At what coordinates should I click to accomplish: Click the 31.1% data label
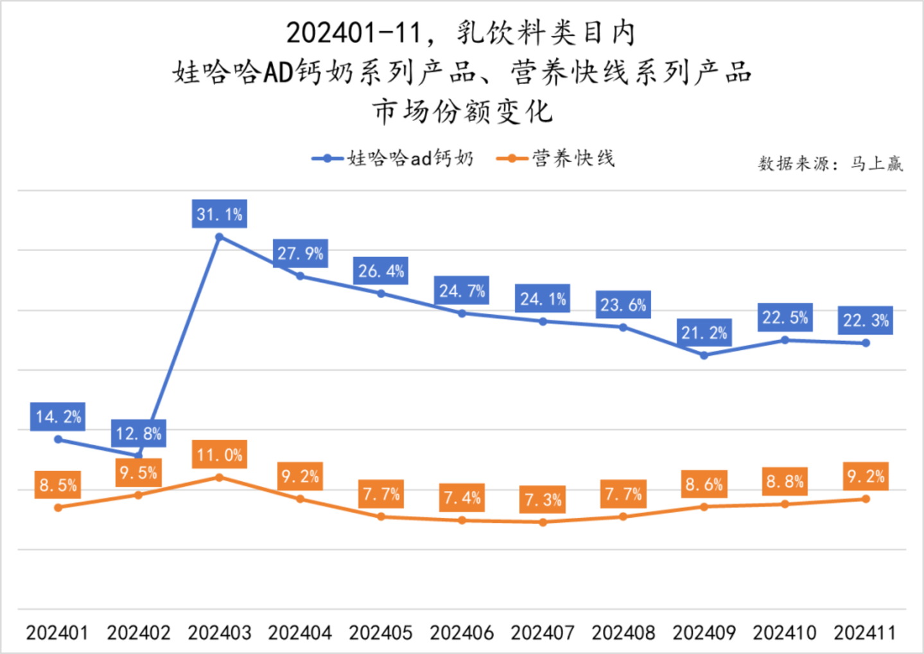click(x=220, y=215)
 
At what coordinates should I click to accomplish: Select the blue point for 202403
click(x=220, y=237)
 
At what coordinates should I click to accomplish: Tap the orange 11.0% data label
click(x=220, y=455)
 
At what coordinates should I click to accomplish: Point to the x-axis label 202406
click(x=462, y=633)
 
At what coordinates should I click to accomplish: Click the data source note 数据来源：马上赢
click(x=830, y=164)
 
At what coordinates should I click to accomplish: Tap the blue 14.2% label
click(x=58, y=417)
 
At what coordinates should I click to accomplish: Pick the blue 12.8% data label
click(x=139, y=434)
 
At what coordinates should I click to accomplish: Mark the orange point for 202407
click(x=543, y=522)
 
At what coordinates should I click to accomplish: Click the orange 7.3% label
click(x=543, y=499)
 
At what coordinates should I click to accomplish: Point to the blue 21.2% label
click(x=704, y=333)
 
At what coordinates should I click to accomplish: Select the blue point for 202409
click(x=704, y=355)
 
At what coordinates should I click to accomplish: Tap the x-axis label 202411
click(x=865, y=633)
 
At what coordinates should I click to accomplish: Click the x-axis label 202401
click(x=57, y=633)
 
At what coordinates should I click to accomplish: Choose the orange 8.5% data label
click(x=58, y=485)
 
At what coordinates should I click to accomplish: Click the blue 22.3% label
click(x=866, y=321)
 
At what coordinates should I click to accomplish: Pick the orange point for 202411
click(x=866, y=499)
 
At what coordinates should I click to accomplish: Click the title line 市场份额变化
click(x=462, y=112)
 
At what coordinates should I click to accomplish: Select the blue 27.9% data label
click(x=301, y=254)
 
